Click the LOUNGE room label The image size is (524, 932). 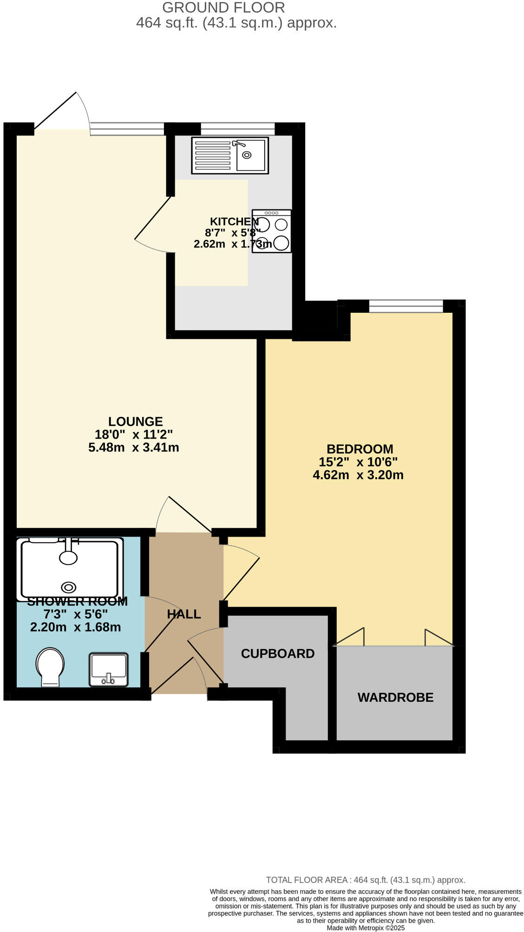tap(135, 421)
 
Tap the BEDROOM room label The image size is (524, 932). tap(360, 449)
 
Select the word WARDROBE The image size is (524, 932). tap(395, 697)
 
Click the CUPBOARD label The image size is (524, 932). tap(277, 654)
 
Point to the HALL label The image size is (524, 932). tap(184, 614)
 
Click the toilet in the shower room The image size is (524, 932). tap(50, 667)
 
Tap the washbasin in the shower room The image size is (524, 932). tap(109, 669)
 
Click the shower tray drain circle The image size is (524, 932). tap(69, 588)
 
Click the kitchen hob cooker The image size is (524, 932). tap(272, 231)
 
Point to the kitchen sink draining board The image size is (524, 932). tap(213, 155)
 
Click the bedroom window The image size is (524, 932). tap(406, 306)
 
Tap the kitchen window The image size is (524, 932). tap(237, 129)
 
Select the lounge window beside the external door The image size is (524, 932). tap(127, 129)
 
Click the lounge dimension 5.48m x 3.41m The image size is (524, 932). tap(134, 447)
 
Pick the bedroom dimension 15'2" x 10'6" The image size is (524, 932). tap(358, 462)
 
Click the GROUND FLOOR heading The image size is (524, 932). tap(223, 7)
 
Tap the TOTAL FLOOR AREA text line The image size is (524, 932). tap(365, 880)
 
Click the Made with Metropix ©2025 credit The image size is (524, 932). tap(366, 928)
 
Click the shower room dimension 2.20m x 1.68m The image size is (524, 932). tap(76, 627)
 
